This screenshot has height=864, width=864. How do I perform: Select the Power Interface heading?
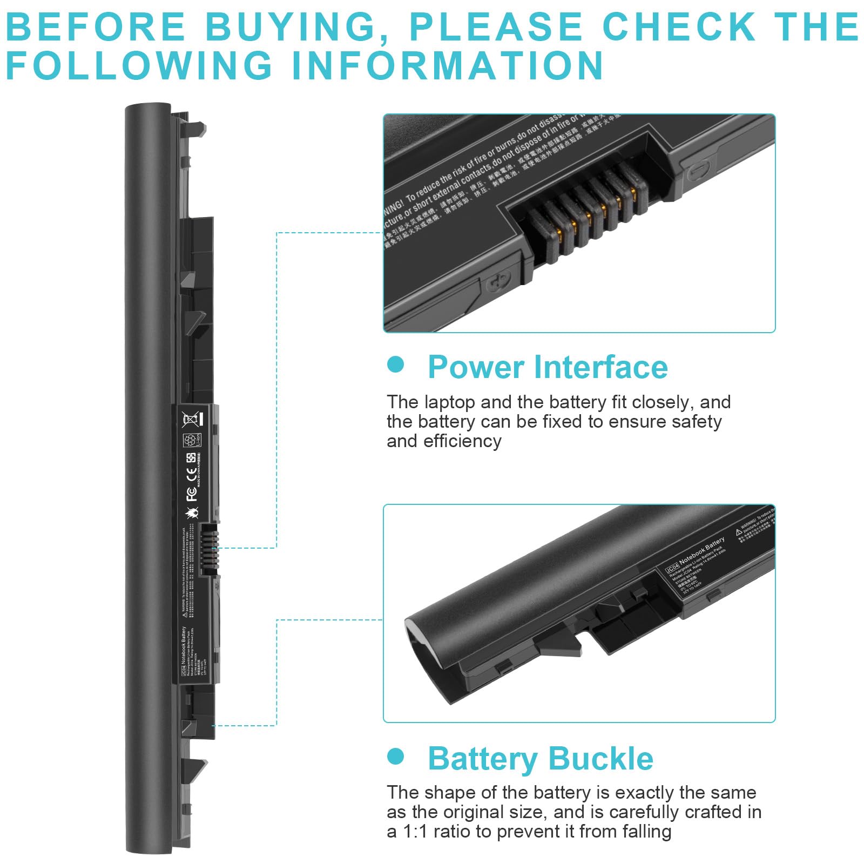[548, 367]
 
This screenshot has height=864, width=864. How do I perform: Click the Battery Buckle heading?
[540, 758]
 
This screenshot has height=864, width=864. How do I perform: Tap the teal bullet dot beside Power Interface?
[396, 364]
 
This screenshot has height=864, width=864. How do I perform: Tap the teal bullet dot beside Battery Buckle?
[396, 756]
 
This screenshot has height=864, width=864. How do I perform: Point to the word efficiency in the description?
[462, 441]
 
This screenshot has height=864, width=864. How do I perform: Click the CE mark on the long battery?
[191, 475]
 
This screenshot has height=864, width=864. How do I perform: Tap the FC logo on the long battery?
[191, 493]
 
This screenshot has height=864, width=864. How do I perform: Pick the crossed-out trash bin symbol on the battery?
[191, 418]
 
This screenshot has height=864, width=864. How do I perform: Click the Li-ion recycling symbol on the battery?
[191, 440]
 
